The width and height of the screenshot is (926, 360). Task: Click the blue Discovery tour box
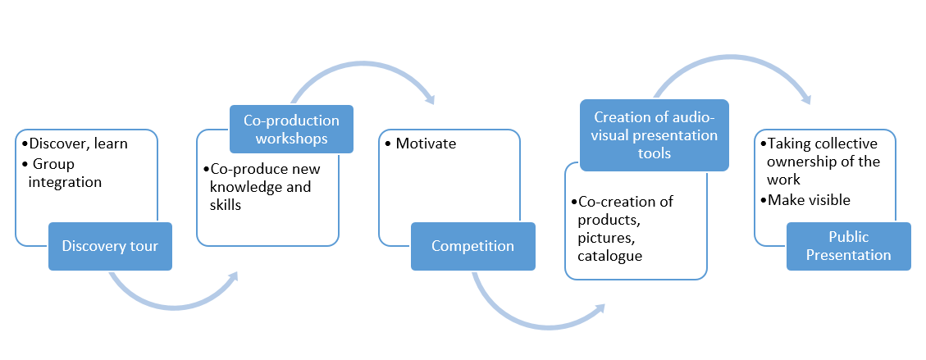[x=110, y=246]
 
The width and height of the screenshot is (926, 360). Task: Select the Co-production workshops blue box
[x=291, y=130]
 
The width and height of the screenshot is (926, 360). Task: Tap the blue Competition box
[x=473, y=246]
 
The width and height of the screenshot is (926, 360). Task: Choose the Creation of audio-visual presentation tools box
[x=655, y=135]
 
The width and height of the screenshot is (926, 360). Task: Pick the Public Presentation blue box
[x=849, y=246]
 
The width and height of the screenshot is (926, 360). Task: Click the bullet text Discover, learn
[x=74, y=144]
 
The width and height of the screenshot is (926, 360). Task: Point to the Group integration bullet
[x=62, y=172]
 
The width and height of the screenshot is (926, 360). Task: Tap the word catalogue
[x=609, y=256]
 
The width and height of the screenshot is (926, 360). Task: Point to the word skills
[x=225, y=205]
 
